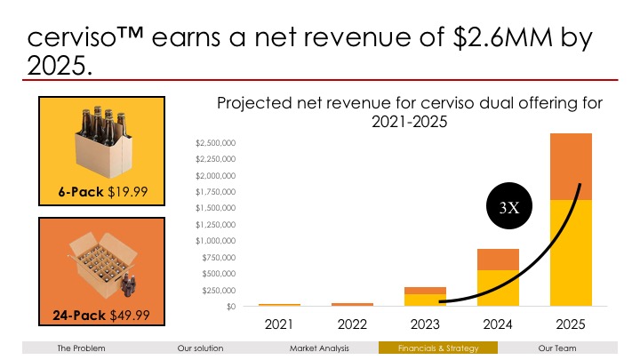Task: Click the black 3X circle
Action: tap(509, 208)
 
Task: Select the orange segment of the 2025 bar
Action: tap(571, 166)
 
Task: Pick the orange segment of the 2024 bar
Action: tap(498, 259)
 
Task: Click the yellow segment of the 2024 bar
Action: tap(498, 288)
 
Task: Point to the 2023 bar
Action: tap(425, 297)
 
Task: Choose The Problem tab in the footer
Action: tap(81, 348)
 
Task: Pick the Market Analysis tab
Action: tap(319, 348)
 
